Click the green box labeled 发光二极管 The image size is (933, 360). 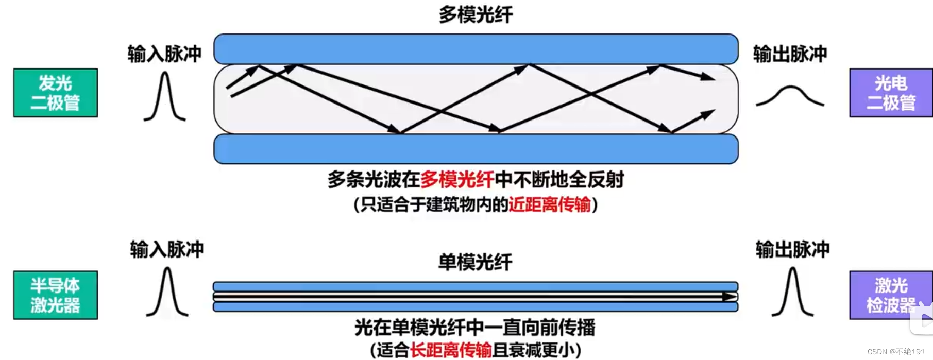[x=56, y=93]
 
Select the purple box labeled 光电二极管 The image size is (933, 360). [x=891, y=93]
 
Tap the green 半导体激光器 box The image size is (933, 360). [x=56, y=295]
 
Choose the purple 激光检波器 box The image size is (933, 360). [x=891, y=295]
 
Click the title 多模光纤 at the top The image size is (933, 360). [x=476, y=14]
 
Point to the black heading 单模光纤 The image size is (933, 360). [x=475, y=262]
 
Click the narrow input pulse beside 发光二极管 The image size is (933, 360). [x=164, y=97]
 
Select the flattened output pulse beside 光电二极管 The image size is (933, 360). [x=790, y=96]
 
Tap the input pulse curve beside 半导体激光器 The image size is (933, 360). [x=167, y=292]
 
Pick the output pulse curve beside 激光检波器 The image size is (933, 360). [x=792, y=292]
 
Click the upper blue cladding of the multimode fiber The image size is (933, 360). [x=476, y=49]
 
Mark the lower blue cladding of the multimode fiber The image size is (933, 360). [x=476, y=149]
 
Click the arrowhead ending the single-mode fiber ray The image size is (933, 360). [x=728, y=297]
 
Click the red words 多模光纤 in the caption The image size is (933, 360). [x=457, y=180]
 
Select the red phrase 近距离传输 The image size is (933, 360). [x=549, y=205]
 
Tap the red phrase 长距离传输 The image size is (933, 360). [x=451, y=350]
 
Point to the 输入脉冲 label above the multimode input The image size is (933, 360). [x=164, y=54]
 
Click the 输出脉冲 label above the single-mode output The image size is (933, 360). [x=792, y=249]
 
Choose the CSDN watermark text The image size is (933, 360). [x=896, y=352]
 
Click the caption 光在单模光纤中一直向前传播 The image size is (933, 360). [x=474, y=328]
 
